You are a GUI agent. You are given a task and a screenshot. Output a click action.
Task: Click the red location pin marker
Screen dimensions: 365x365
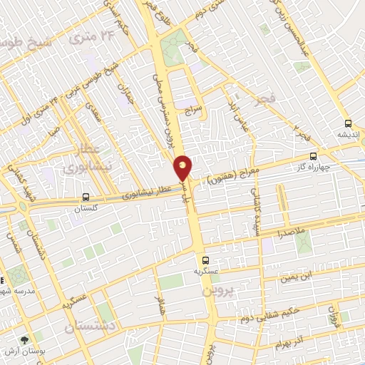pos(183,168)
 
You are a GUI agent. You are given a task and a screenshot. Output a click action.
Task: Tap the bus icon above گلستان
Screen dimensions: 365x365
pos(86,197)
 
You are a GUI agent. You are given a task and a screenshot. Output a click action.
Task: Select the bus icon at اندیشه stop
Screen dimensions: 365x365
pos(347,123)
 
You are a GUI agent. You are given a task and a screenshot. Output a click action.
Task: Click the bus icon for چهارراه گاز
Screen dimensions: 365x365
pos(313,157)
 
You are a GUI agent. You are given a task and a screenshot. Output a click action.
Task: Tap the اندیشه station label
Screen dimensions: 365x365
pos(349,134)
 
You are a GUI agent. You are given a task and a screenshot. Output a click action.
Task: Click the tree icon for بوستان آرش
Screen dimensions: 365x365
pos(25,341)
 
